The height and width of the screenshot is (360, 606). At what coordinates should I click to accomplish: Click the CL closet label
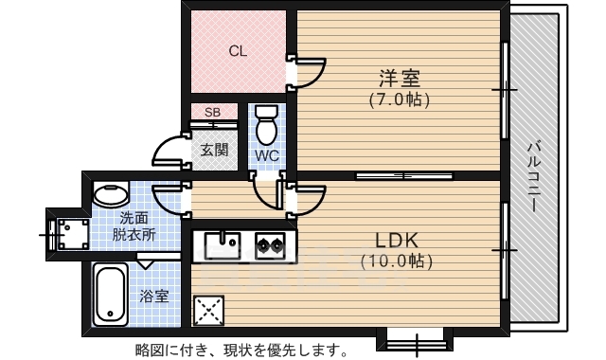point(238,52)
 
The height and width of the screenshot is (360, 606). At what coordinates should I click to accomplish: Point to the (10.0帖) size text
point(397,258)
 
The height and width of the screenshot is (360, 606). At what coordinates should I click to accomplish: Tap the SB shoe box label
point(213,113)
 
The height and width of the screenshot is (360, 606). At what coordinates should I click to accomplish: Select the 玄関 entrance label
point(214,149)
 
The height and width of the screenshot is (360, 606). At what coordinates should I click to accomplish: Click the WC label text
point(266,155)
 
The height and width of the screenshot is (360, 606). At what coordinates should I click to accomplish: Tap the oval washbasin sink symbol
point(112,195)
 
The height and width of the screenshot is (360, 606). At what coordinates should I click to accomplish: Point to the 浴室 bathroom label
point(154,296)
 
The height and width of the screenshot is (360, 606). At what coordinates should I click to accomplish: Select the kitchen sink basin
point(222,246)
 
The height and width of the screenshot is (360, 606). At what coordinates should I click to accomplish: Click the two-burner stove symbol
point(270,246)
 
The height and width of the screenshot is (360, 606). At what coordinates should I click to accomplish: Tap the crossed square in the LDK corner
point(206,310)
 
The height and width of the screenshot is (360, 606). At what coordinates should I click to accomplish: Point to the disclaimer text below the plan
point(241,350)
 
